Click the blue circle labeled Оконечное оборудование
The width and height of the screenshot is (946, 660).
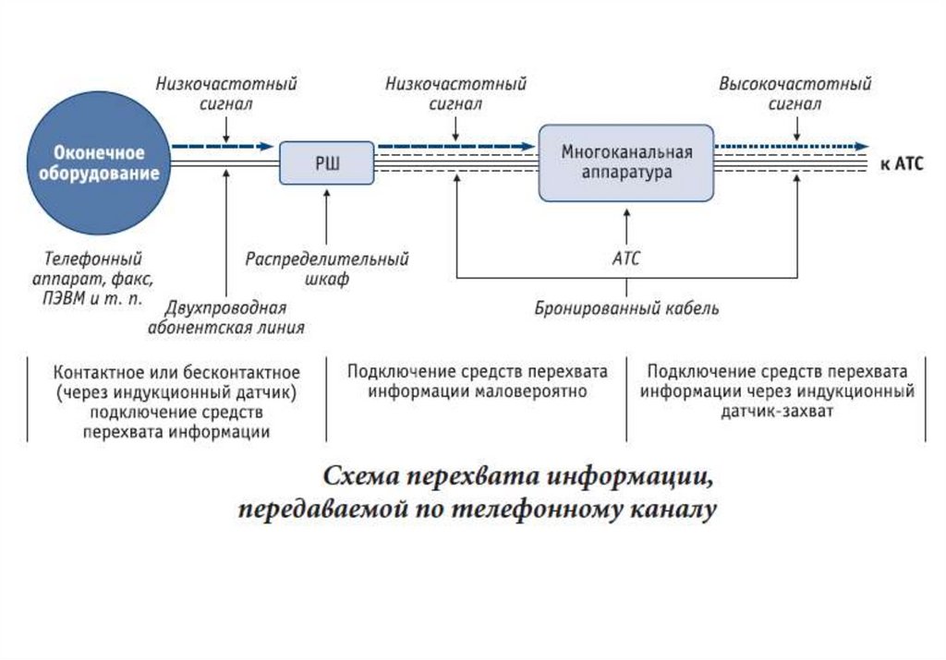click(99, 162)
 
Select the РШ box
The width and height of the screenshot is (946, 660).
click(327, 162)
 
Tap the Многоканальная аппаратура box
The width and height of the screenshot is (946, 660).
click(625, 162)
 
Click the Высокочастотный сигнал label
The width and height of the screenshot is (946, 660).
click(794, 94)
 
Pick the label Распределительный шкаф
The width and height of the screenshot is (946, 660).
click(326, 269)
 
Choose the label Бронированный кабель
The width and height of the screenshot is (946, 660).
click(626, 308)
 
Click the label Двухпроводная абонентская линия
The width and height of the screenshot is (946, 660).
click(226, 317)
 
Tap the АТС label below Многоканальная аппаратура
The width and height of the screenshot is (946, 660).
click(625, 259)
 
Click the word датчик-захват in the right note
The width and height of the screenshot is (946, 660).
click(777, 411)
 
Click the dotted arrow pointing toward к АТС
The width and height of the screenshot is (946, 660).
click(794, 146)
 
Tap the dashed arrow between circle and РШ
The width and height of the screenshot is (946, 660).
click(222, 146)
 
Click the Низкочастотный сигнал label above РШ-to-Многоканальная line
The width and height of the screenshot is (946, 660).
click(455, 94)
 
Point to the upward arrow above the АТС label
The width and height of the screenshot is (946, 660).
click(625, 225)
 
